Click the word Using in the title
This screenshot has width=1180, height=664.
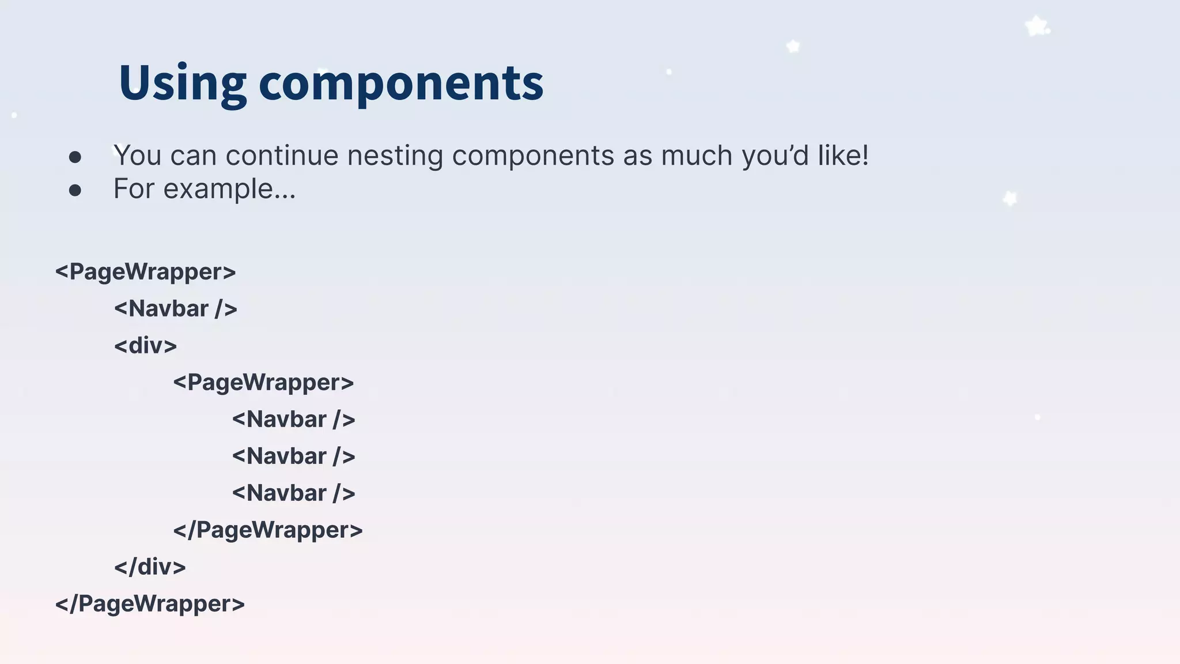click(x=183, y=83)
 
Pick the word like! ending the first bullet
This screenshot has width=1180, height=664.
click(x=844, y=156)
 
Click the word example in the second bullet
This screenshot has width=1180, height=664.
click(x=229, y=189)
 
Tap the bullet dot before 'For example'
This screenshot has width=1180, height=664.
click(x=75, y=190)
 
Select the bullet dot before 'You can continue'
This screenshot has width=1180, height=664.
click(x=75, y=157)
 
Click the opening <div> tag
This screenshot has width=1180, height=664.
click(x=145, y=346)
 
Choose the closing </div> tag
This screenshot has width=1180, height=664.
click(x=150, y=567)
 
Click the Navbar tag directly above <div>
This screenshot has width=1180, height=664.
click(x=176, y=309)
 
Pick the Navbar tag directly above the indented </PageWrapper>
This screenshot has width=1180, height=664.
click(x=294, y=493)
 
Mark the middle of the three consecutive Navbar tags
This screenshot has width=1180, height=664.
click(x=294, y=456)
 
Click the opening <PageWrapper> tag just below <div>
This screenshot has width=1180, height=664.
click(x=263, y=383)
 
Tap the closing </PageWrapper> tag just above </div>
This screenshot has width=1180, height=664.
click(x=268, y=530)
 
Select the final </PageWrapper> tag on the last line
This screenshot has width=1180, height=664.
click(x=150, y=604)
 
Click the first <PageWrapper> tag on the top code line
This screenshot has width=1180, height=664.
click(x=145, y=272)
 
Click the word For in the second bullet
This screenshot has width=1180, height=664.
click(x=133, y=189)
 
